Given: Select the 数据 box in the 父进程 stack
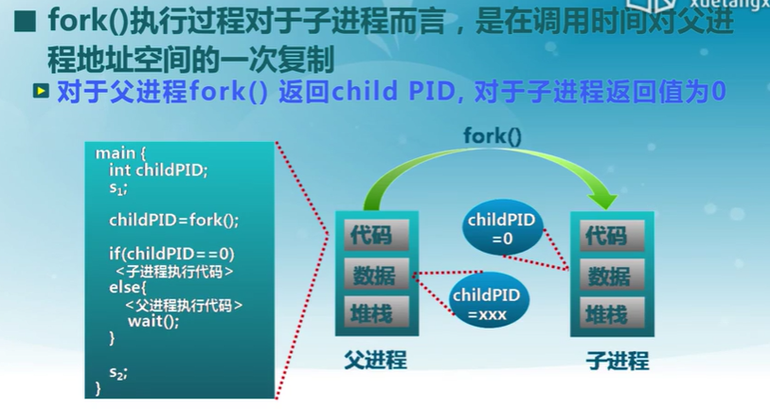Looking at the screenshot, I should (x=369, y=275).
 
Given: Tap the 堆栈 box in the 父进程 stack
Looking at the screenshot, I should (x=369, y=313).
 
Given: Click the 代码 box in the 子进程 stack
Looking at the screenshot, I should (x=606, y=235).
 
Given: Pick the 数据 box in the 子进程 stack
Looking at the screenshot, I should (x=606, y=276).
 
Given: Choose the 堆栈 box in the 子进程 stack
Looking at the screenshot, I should (x=606, y=314).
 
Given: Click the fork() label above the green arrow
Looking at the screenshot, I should (x=492, y=136).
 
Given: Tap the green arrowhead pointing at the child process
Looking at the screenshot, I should (x=600, y=198).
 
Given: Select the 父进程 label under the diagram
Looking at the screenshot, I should (x=375, y=360).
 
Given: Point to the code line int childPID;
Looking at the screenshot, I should (x=157, y=170).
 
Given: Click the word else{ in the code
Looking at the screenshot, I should (x=128, y=287).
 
